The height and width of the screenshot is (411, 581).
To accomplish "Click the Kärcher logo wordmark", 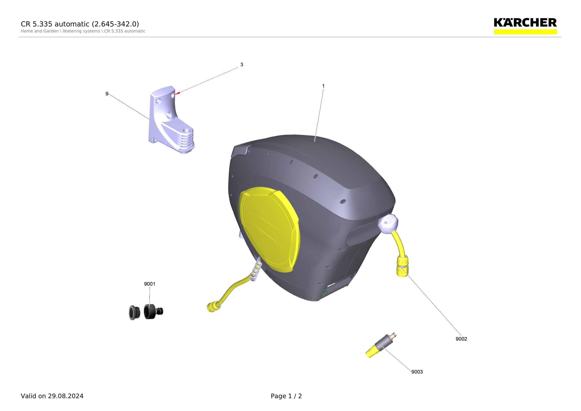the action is coord(525,23).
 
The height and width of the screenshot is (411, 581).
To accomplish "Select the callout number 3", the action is coord(242,64).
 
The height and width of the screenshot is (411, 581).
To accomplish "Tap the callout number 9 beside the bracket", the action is coord(107,94).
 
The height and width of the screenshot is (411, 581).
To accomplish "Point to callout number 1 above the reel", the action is coord(323,86).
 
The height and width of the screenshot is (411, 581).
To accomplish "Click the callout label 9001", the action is coord(150,284).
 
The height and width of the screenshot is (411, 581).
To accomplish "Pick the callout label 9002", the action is coord(461,339).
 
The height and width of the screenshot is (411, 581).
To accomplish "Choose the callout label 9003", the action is coord(417,372).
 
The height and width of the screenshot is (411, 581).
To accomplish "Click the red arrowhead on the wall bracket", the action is coord(177,94).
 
